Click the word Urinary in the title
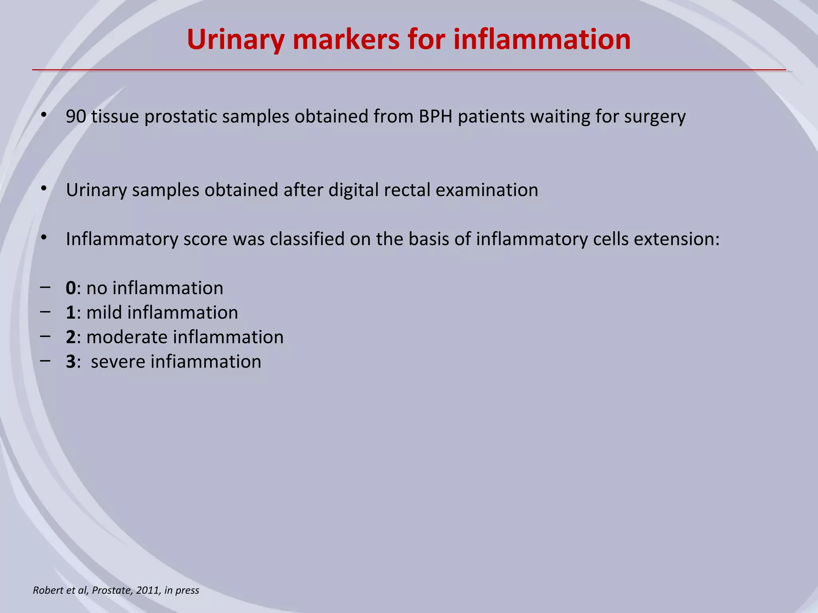[235, 40]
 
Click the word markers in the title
[346, 40]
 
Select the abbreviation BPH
[435, 117]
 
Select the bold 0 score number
[71, 288]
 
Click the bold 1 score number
[71, 312]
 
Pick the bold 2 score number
[71, 337]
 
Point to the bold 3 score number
[71, 362]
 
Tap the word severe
[117, 362]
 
